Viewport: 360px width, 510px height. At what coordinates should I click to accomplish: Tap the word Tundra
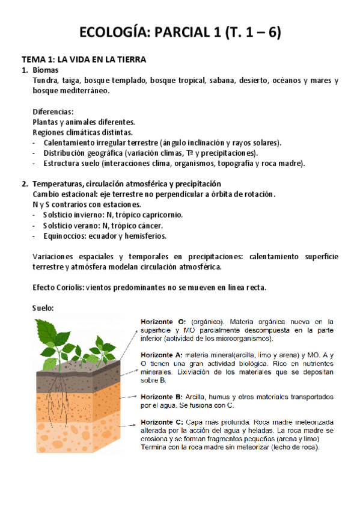click(46, 81)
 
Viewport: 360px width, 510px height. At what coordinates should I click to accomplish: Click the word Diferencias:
click(53, 112)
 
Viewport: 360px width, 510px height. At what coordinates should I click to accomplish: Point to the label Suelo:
click(43, 308)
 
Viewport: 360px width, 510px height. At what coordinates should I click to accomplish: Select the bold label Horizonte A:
click(163, 355)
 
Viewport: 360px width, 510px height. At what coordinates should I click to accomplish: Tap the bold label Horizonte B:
click(163, 396)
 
